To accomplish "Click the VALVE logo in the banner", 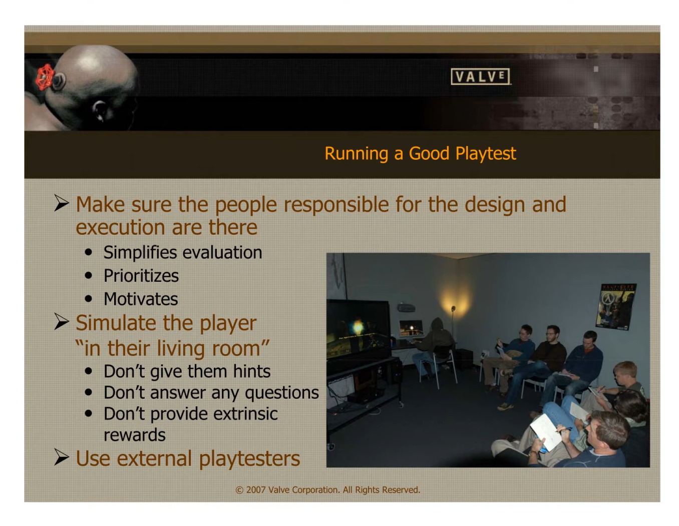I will click(x=480, y=77).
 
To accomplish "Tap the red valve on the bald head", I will click(x=45, y=77).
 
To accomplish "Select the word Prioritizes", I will click(x=141, y=276).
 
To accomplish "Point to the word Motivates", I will click(x=141, y=299).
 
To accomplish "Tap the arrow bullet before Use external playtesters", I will click(x=62, y=457).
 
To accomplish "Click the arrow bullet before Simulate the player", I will click(x=62, y=322).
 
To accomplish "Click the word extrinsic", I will click(x=245, y=414).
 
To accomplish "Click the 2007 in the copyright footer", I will click(x=255, y=490).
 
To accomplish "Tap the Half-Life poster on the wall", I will click(x=617, y=306).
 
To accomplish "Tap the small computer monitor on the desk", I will click(x=411, y=328).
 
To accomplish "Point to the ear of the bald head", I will click(x=99, y=110).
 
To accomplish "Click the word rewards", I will click(x=134, y=435).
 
